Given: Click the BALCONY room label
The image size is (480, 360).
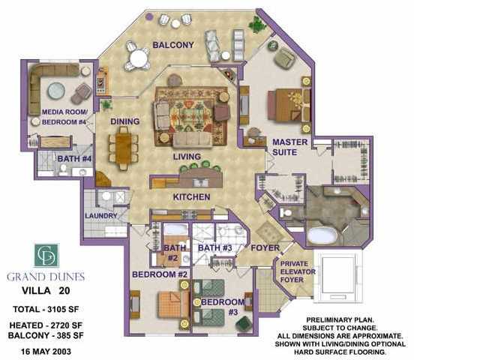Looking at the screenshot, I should [x=173, y=45].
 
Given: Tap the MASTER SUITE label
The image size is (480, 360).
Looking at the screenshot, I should [x=290, y=146].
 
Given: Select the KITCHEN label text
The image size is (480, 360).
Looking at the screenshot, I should [x=191, y=197].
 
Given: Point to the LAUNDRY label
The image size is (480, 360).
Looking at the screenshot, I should [x=101, y=216].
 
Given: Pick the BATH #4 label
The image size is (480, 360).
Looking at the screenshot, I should [x=74, y=159].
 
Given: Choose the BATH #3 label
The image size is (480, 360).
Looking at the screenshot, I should [x=214, y=247].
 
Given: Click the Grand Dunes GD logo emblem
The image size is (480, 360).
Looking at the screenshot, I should [x=46, y=256].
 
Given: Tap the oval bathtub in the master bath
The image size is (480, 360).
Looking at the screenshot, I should [x=322, y=235].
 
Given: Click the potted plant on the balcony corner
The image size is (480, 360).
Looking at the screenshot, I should [x=258, y=25].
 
